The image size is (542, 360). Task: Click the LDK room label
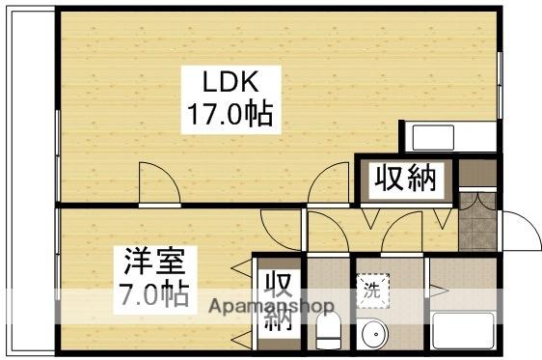229,79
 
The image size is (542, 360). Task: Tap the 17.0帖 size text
229,116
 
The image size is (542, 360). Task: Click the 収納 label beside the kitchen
405,179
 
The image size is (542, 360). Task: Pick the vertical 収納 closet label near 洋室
279,302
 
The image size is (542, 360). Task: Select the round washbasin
372,335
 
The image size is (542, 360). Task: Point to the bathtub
463,331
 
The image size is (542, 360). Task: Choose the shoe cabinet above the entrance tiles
476,174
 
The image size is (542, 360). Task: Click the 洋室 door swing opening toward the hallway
282,229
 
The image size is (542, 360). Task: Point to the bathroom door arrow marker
434,290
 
